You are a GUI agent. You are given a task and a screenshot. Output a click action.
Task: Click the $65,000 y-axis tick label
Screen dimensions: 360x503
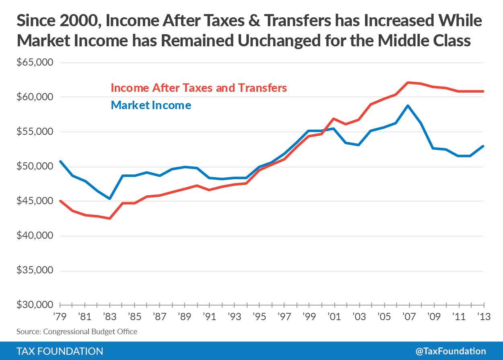(x=35, y=63)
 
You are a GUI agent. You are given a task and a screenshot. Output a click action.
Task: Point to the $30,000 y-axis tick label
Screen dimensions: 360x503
(x=35, y=305)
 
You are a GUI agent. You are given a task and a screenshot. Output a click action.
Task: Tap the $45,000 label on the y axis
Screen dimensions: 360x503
(x=35, y=201)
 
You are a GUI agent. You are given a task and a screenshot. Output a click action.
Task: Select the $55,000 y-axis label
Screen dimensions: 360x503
(x=35, y=132)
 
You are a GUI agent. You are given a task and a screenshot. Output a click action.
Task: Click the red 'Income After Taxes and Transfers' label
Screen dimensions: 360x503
(x=198, y=88)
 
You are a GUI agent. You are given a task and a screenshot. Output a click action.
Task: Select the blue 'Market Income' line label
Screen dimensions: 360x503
(x=151, y=106)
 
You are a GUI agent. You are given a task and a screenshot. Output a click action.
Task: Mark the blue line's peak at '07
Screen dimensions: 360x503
(x=408, y=106)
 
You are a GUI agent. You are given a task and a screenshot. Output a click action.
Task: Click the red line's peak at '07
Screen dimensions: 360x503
(x=408, y=83)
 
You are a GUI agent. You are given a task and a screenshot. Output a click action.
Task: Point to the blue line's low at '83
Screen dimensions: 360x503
(x=110, y=199)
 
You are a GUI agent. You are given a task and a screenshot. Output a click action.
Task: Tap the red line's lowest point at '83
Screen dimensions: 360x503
(x=110, y=218)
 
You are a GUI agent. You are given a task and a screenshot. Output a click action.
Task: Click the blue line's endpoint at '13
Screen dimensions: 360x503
(x=483, y=146)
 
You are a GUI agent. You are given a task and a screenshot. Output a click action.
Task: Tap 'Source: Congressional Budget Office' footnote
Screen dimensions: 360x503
(x=77, y=332)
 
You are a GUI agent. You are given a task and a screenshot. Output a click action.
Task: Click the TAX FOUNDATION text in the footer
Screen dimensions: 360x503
(x=60, y=351)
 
